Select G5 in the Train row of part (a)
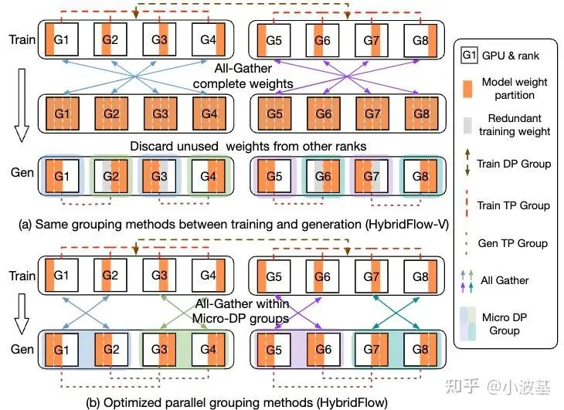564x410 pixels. tap(274, 38)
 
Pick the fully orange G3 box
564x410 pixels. tap(159, 114)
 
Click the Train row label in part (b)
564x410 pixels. tap(21, 276)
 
